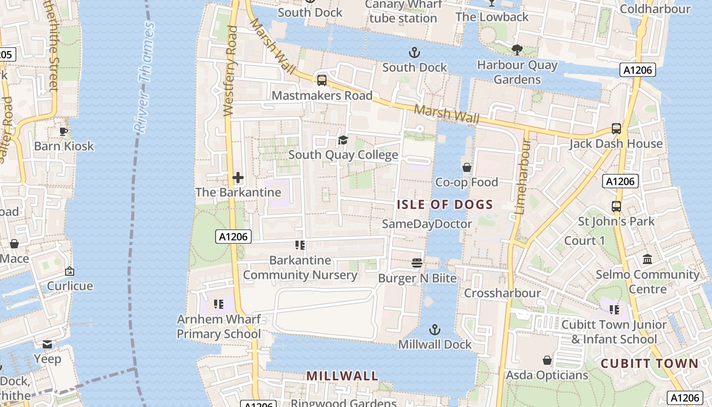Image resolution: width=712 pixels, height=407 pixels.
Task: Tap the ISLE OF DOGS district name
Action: coord(444,205)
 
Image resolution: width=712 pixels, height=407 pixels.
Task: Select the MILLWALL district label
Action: coord(342,376)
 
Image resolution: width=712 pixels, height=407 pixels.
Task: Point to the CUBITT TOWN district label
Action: coord(649,363)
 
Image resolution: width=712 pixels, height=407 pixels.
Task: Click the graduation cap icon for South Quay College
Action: coord(343,140)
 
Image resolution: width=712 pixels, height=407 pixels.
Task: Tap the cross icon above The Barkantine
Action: coord(238,178)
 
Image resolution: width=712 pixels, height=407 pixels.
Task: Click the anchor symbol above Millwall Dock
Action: coord(434,330)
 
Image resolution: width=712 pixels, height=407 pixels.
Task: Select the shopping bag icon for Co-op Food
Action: coord(466,167)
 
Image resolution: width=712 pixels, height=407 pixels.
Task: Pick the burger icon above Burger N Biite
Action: coord(417,263)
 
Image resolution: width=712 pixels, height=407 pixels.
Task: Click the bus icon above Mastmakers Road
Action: coord(321,80)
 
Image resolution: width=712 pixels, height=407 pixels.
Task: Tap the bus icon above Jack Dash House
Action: coord(616,129)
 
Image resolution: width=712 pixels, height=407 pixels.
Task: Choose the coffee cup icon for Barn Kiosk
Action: coord(64,131)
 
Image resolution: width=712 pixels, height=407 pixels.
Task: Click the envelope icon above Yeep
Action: coord(47,344)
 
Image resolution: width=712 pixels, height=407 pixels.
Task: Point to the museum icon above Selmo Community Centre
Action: coord(647,259)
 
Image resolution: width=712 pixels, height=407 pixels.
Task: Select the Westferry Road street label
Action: coord(230,71)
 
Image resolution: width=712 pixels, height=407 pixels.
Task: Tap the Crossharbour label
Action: coord(502,294)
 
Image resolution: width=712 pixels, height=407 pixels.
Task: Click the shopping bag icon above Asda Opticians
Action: coord(547,360)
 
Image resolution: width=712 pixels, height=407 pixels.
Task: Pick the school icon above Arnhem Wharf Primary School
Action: coord(218,304)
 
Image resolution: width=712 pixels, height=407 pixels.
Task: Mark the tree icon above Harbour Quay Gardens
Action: coord(517,50)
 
